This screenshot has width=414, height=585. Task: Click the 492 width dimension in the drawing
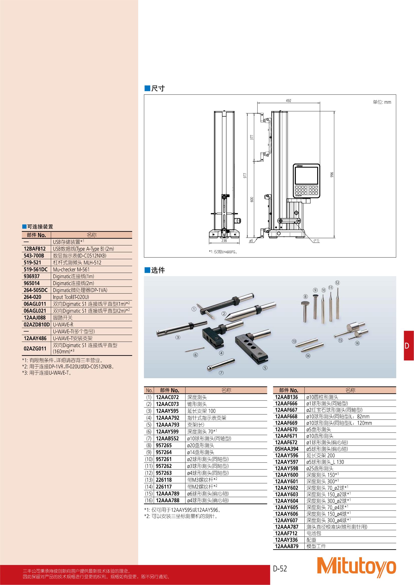tap(288, 101)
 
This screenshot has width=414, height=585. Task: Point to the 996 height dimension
tap(332, 175)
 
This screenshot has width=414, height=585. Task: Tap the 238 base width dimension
tap(224, 240)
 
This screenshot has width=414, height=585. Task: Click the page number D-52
tap(280, 568)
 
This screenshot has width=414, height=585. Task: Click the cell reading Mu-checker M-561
tap(71, 269)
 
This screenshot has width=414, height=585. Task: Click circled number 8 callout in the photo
tap(305, 296)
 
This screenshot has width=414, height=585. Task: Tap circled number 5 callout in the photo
tap(265, 368)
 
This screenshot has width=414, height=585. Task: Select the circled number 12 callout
tap(337, 283)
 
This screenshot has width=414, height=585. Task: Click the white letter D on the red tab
tap(406, 345)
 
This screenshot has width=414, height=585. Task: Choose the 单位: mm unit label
tap(382, 102)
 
